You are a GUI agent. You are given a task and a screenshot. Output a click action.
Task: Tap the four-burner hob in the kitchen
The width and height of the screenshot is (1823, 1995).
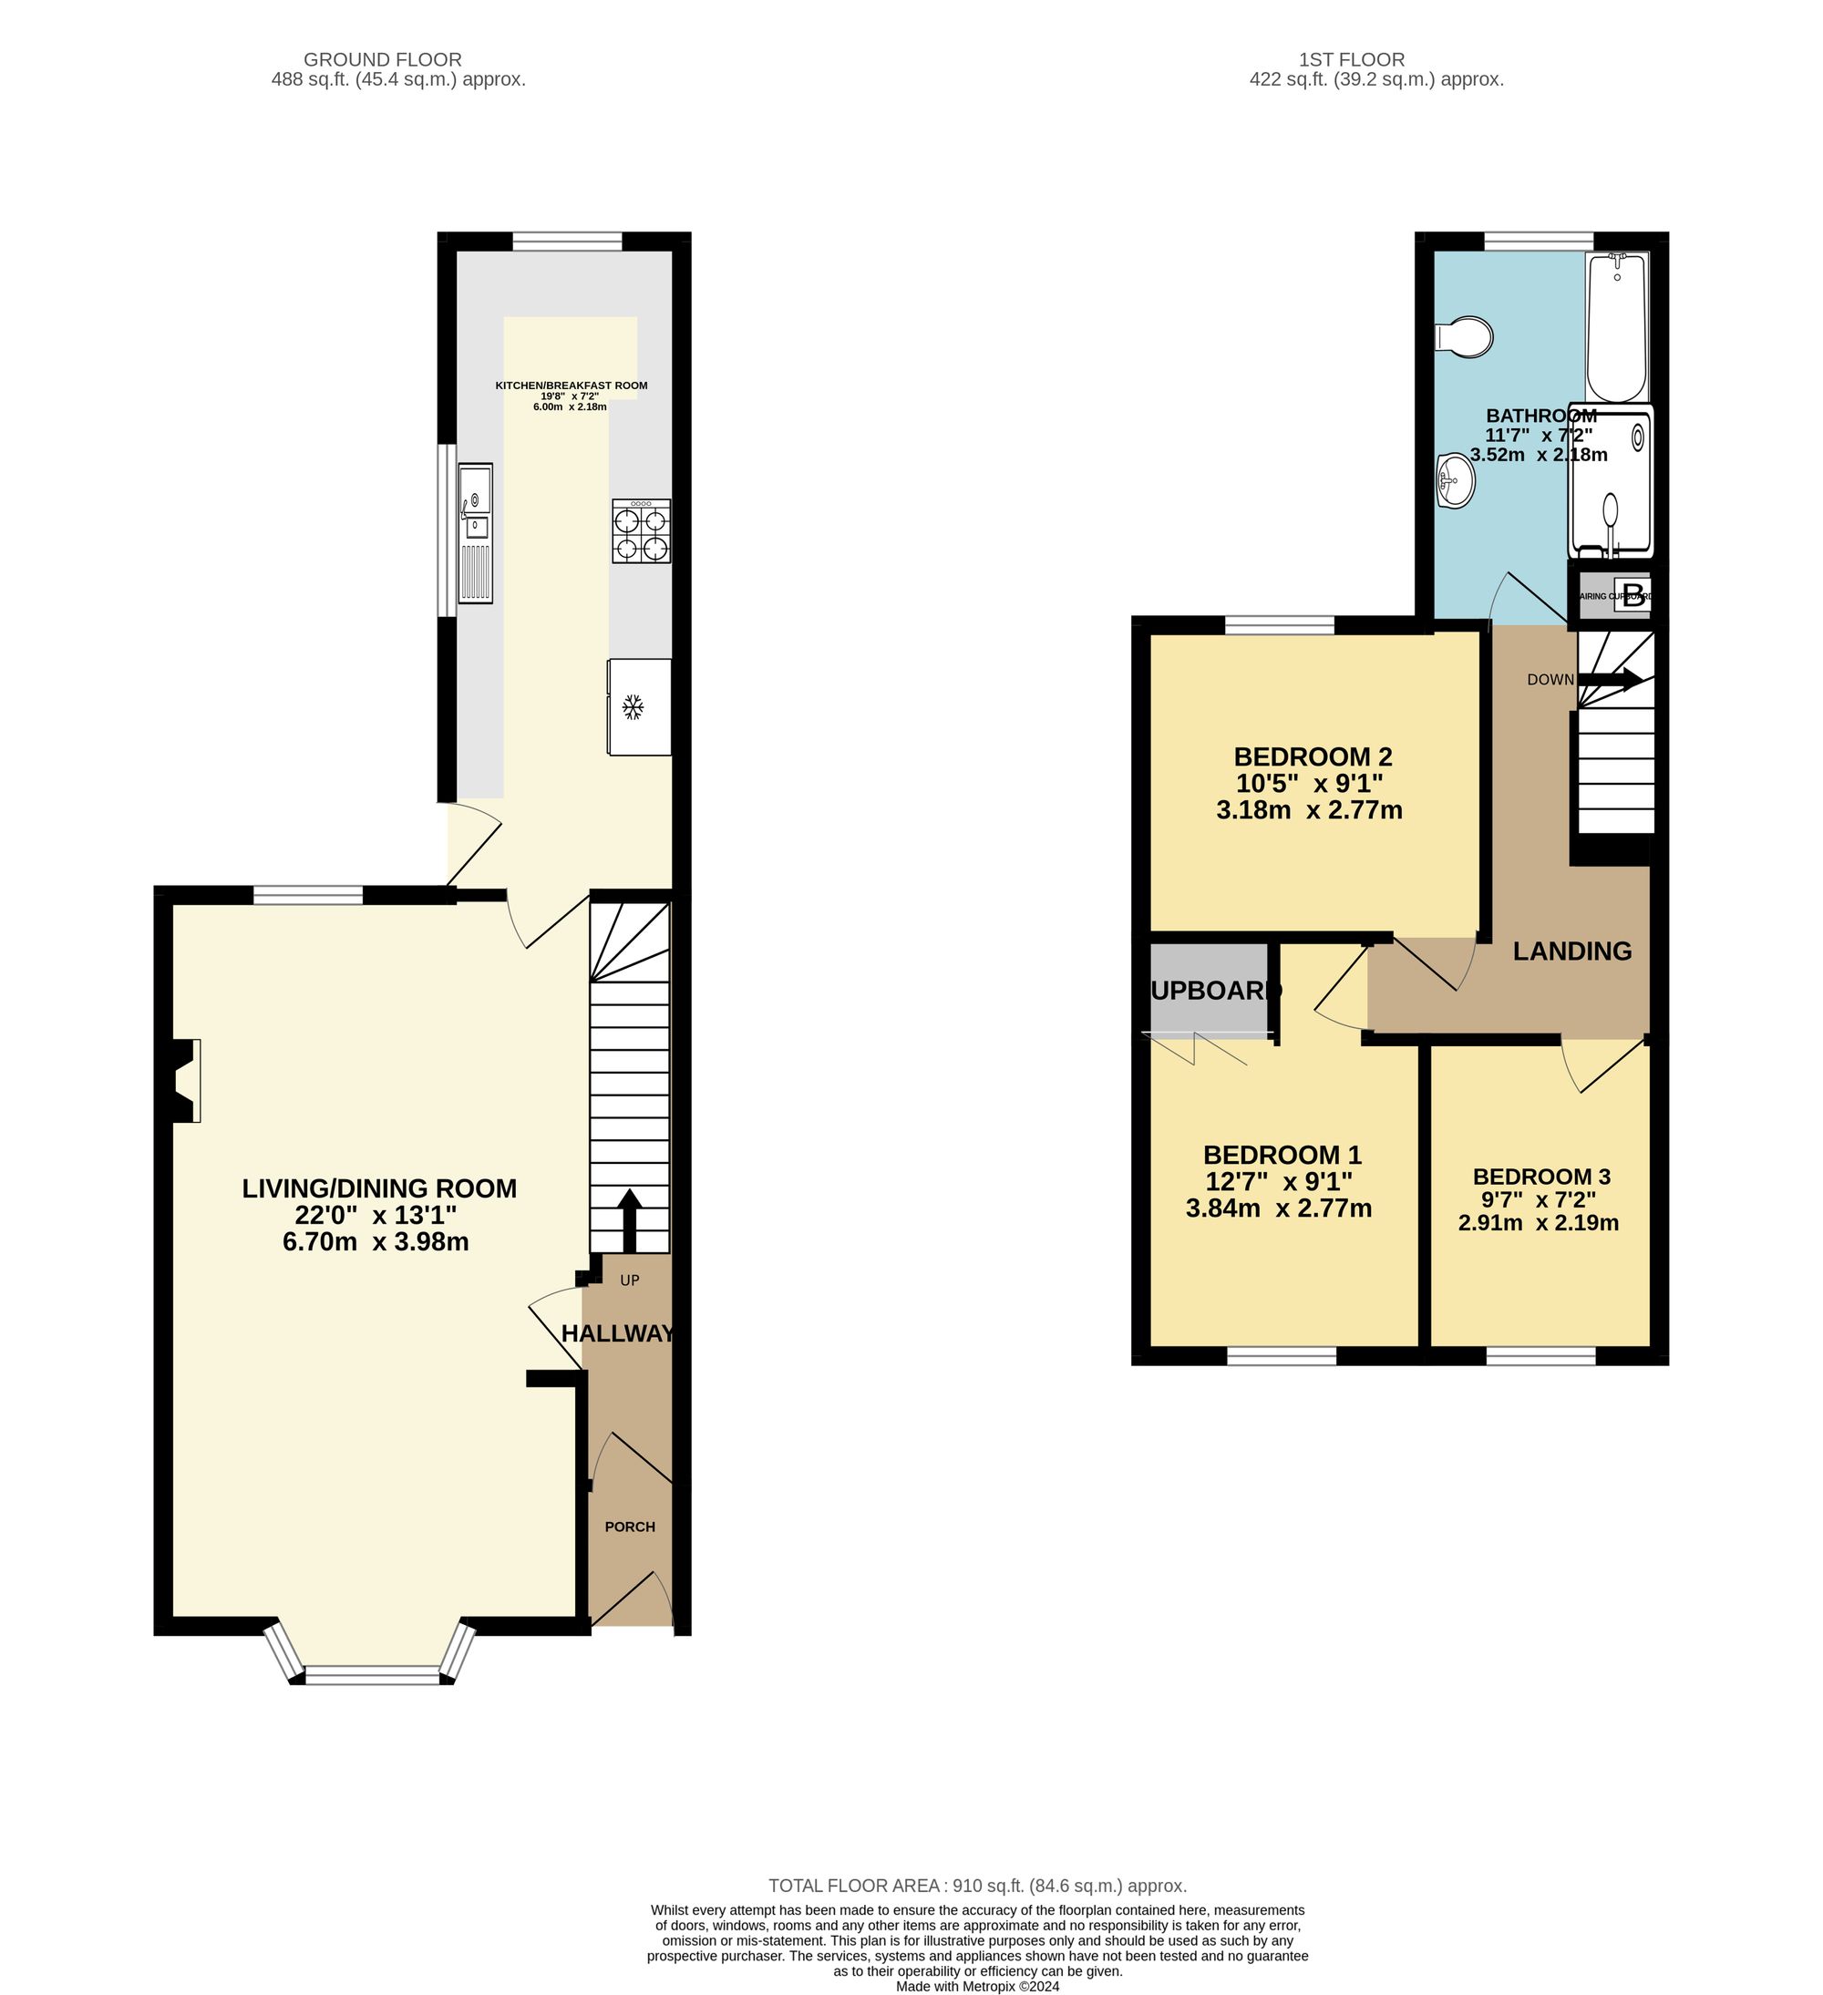pyautogui.click(x=642, y=531)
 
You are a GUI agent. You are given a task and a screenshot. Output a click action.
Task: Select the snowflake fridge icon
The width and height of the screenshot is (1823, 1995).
pyautogui.click(x=633, y=706)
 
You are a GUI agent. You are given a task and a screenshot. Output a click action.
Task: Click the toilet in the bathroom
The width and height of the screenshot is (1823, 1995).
pyautogui.click(x=1465, y=336)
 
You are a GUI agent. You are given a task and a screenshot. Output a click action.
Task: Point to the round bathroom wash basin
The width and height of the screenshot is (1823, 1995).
pyautogui.click(x=1456, y=482)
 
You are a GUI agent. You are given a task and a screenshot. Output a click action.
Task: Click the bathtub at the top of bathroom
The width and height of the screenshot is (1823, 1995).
pyautogui.click(x=1617, y=326)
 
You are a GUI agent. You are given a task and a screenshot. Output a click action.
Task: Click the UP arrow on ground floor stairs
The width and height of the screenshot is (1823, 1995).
pyautogui.click(x=628, y=1220)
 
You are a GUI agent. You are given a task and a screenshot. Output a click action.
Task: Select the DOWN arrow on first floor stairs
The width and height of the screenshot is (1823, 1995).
pyautogui.click(x=1611, y=679)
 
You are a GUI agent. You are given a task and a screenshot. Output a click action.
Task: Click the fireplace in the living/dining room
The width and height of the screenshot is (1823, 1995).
pyautogui.click(x=184, y=1080)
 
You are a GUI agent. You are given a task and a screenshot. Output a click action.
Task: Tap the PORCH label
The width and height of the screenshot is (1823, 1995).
pyautogui.click(x=630, y=1526)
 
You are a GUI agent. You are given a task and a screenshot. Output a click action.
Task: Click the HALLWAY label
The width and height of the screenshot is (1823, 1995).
pyautogui.click(x=618, y=1334)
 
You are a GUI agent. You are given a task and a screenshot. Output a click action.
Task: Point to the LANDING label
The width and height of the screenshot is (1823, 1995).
pyautogui.click(x=1571, y=951)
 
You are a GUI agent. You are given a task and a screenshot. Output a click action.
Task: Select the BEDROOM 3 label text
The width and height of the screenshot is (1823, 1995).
pyautogui.click(x=1541, y=1177)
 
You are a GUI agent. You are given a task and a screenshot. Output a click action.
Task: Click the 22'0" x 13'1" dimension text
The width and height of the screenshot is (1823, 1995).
pyautogui.click(x=376, y=1214)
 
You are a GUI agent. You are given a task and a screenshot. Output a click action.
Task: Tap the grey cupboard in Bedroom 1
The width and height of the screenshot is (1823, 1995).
pyautogui.click(x=1210, y=990)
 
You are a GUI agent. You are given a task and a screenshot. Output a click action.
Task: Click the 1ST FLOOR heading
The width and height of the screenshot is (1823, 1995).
pyautogui.click(x=1353, y=59)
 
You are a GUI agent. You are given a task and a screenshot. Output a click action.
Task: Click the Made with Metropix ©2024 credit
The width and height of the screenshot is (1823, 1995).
pyautogui.click(x=977, y=1985)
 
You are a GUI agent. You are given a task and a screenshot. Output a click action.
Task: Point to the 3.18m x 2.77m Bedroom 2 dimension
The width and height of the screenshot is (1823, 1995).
pyautogui.click(x=1308, y=810)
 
